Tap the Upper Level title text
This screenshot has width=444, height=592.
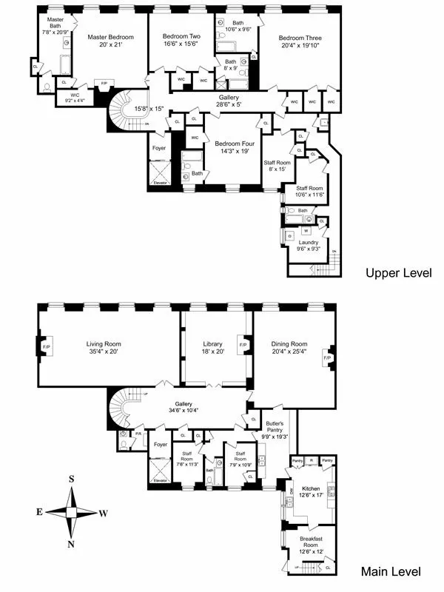(399, 273)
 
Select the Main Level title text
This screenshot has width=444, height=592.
(391, 571)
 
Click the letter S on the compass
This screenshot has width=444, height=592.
(72, 479)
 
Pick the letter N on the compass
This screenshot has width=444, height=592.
(72, 545)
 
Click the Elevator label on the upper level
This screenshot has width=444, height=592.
(160, 182)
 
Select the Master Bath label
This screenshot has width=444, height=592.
(55, 23)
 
